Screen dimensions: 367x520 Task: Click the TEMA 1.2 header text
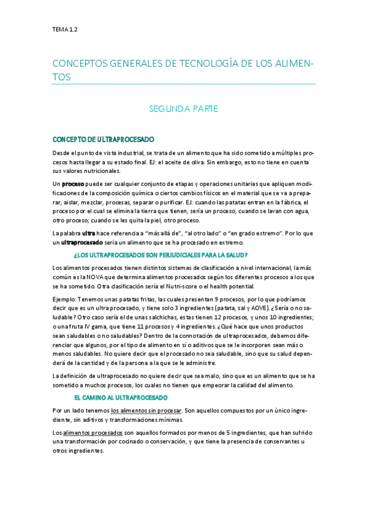[x=65, y=29]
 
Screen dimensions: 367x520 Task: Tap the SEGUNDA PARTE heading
[x=184, y=109]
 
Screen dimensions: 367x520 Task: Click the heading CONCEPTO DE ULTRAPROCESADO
[x=104, y=140]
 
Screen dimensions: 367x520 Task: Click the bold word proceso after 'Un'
[x=73, y=184]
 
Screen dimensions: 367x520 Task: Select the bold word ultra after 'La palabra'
[x=89, y=233]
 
